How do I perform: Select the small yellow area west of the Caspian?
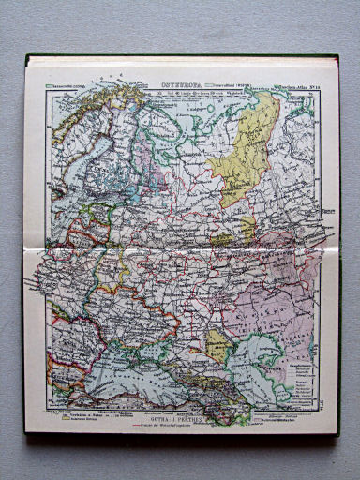(217, 343)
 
